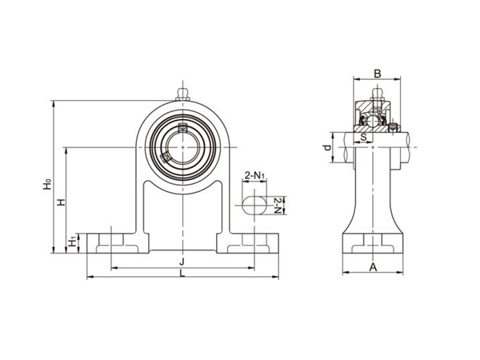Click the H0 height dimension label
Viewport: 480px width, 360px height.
[x=47, y=185]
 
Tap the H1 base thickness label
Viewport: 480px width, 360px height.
[x=72, y=240]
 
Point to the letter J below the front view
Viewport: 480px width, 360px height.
[x=183, y=262]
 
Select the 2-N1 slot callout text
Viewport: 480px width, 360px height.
[x=255, y=174]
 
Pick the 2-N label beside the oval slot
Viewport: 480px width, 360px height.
[x=277, y=205]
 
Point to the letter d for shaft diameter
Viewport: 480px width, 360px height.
[x=326, y=149]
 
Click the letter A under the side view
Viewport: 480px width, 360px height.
[x=373, y=268]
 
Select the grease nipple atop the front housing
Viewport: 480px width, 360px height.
[x=183, y=95]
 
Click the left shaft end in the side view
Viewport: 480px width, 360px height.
[x=346, y=149]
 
